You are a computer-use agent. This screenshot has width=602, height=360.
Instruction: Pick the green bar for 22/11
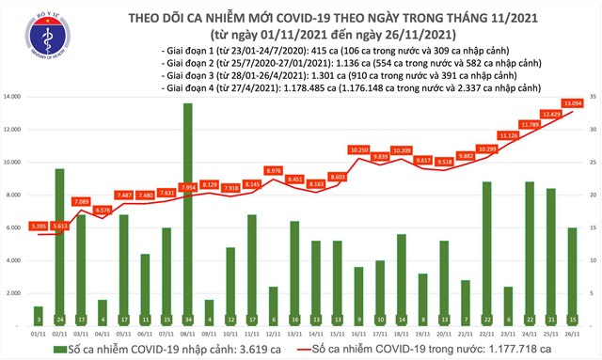pyautogui.click(x=487, y=254)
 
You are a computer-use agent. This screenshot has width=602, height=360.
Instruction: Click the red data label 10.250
pyautogui.click(x=358, y=150)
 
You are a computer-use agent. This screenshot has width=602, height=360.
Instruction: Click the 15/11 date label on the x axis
pyautogui.click(x=337, y=332)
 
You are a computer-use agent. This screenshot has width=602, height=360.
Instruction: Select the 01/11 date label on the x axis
pyautogui.click(x=39, y=332)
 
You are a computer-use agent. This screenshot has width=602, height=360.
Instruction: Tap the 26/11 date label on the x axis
pyautogui.click(x=572, y=332)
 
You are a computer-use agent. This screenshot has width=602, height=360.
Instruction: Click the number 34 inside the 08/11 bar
pyautogui.click(x=188, y=319)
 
